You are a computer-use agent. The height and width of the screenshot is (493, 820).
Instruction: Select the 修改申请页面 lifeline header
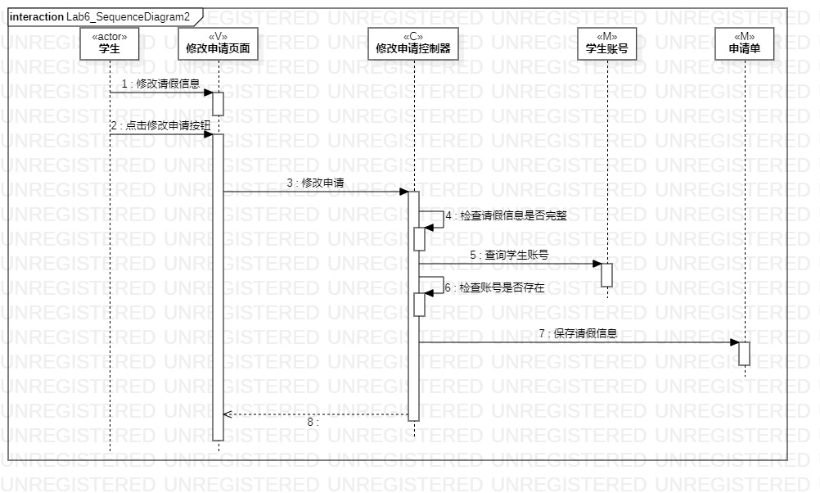218,43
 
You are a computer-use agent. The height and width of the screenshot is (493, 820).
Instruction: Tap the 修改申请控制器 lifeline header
413,43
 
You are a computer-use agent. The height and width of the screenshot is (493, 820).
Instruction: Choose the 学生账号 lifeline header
606,43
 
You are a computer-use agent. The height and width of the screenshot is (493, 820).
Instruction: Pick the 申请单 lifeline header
745,43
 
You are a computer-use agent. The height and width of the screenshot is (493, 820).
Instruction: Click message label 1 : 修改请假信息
160,84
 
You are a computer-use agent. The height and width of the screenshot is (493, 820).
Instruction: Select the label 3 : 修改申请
315,183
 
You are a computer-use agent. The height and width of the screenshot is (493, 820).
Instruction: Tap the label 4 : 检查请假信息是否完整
506,216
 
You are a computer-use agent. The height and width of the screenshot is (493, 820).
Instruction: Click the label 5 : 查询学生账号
508,255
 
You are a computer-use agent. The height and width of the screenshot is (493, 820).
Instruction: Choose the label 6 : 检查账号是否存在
494,287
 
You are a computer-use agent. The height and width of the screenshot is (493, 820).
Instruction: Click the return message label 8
313,423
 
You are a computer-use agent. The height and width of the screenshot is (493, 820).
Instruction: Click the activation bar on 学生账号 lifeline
606,274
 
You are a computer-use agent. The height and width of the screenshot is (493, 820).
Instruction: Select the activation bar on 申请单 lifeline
744,353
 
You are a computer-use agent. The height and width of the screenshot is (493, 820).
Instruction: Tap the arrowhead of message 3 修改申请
403,192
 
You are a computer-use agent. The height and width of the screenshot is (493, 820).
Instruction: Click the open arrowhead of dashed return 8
228,414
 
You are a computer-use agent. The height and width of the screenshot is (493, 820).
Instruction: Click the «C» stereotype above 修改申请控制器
413,35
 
